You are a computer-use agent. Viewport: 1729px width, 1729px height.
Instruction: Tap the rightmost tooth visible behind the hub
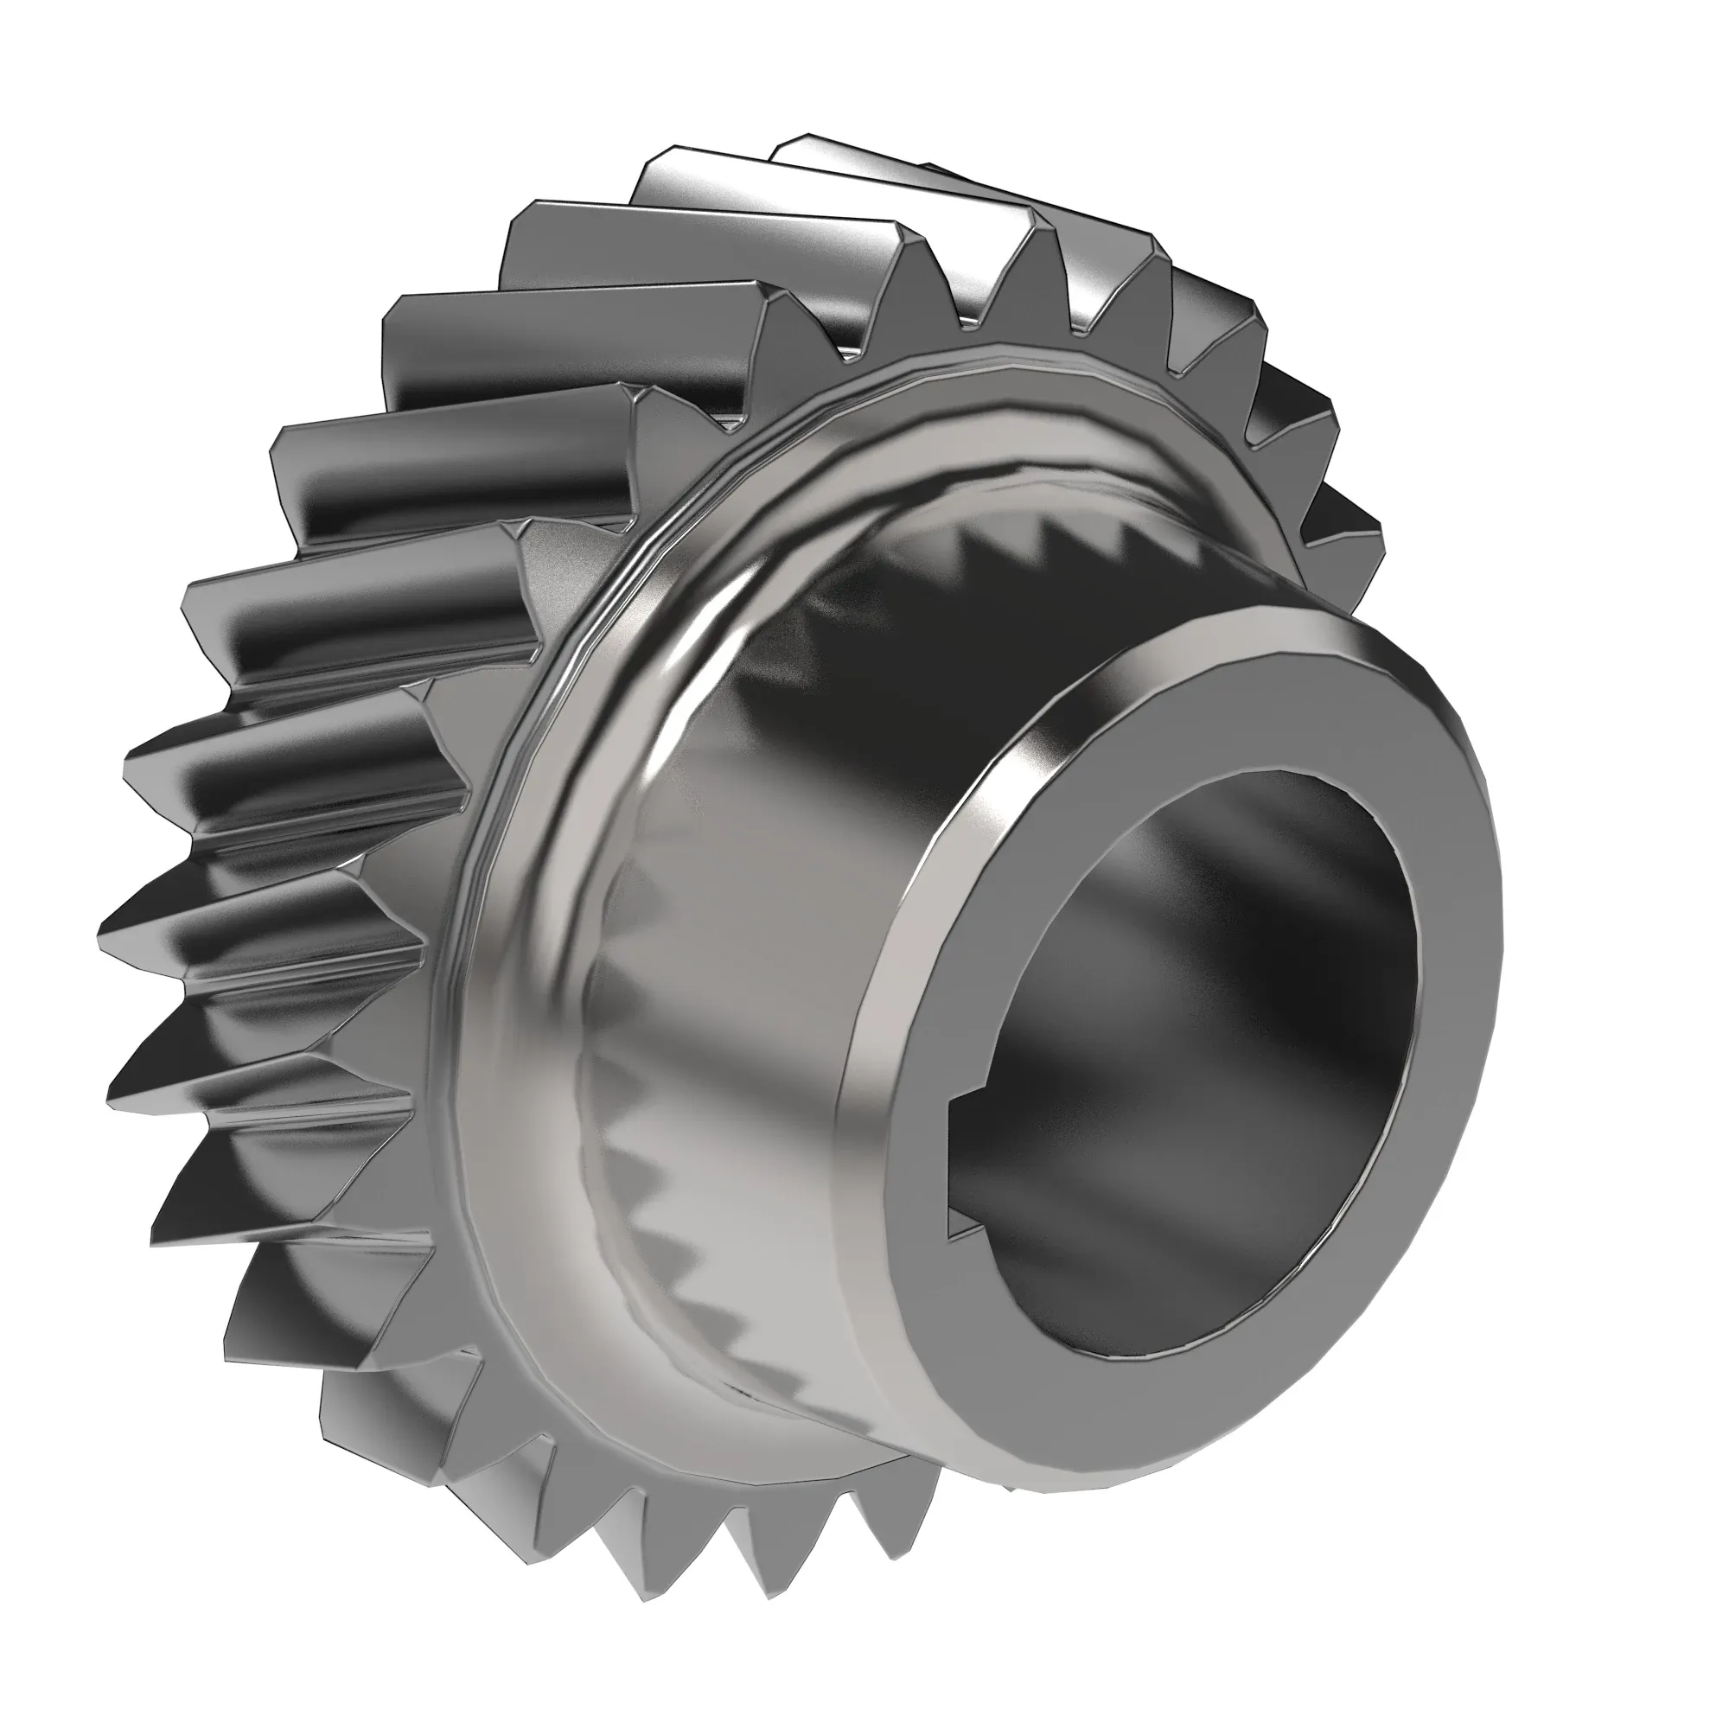[x=1360, y=528]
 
